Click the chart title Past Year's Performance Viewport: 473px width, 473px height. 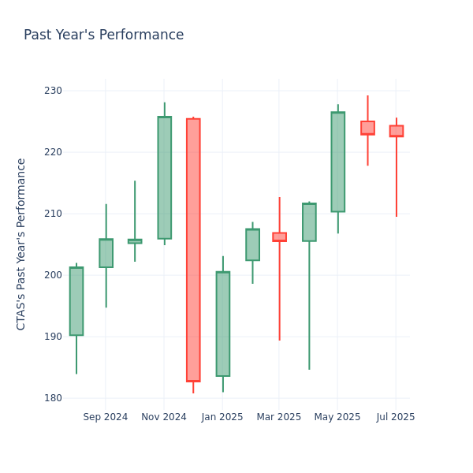click(x=103, y=35)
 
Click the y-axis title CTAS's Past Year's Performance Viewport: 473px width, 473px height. click(x=21, y=244)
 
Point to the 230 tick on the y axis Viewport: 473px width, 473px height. click(x=53, y=91)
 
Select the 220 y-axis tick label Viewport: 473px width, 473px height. click(x=53, y=152)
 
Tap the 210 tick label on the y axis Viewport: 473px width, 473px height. click(x=53, y=214)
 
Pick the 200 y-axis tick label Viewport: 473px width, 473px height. click(x=53, y=275)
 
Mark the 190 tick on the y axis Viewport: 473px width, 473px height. click(x=53, y=337)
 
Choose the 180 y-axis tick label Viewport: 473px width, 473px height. click(x=53, y=398)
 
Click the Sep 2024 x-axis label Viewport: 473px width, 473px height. click(x=105, y=417)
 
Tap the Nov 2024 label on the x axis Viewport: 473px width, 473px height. click(x=164, y=417)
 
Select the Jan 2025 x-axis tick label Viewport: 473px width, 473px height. click(x=222, y=417)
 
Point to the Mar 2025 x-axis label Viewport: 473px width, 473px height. click(x=279, y=417)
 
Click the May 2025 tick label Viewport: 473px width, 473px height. click(x=337, y=417)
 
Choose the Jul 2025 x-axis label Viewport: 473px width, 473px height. click(x=396, y=417)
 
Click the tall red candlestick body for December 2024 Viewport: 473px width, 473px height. click(x=193, y=250)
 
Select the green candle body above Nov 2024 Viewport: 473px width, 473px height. click(x=164, y=177)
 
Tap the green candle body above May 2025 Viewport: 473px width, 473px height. click(x=337, y=162)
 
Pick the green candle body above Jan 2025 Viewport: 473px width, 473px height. click(x=223, y=324)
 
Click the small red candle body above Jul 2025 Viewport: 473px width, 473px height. click(x=396, y=131)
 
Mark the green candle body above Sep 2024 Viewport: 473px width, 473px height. click(x=106, y=253)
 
